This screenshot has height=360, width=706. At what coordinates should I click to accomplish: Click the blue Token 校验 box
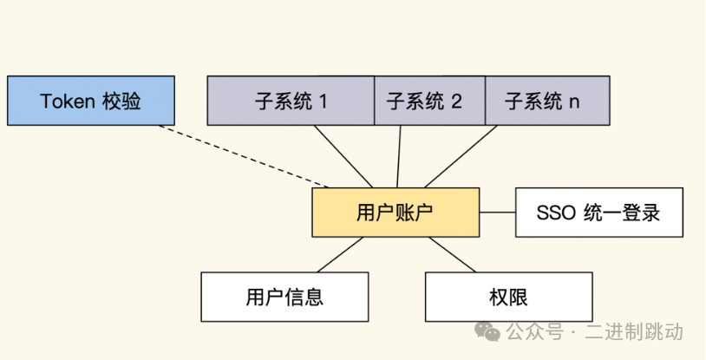90,101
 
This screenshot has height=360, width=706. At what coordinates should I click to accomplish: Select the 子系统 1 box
291,101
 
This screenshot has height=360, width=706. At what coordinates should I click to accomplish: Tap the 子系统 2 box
429,101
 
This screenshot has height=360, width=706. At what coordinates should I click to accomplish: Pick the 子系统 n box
546,101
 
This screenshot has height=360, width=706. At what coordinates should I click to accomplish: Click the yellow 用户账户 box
395,213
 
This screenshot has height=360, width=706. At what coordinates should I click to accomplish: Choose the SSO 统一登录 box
598,213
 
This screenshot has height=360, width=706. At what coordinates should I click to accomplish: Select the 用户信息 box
284,297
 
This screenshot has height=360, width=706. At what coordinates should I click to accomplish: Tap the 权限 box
509,297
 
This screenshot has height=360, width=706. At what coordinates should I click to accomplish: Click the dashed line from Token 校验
244,156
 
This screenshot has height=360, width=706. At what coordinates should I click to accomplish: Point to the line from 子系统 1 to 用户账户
343,156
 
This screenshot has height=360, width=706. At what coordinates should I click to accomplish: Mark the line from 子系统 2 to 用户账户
399,156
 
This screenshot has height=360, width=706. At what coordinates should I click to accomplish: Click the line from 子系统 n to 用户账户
460,156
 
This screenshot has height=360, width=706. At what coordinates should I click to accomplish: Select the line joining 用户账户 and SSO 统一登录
497,213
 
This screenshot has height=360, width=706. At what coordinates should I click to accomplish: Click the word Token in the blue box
68,101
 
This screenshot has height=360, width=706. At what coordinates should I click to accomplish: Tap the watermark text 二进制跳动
634,332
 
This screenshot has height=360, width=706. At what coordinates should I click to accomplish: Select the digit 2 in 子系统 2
456,101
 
